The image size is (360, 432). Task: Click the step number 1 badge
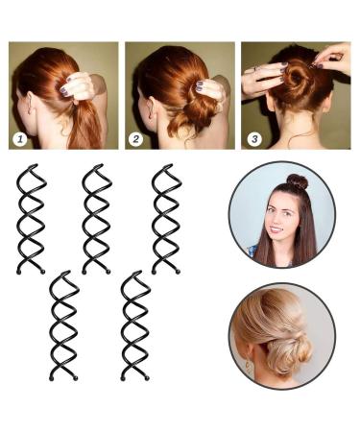(19, 138)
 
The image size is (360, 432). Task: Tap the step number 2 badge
(135, 138)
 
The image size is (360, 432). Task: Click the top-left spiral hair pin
(31, 219)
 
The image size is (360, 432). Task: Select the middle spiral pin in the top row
(97, 219)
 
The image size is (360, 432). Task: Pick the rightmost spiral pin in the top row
(165, 219)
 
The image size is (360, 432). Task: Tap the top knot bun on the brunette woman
(298, 181)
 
